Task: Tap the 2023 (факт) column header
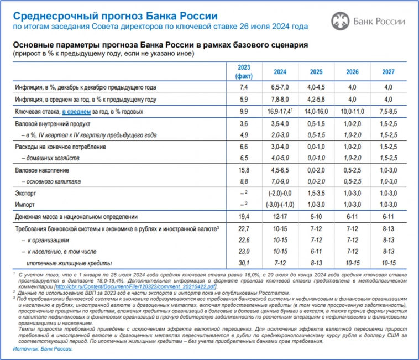244,71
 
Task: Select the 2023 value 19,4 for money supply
244,217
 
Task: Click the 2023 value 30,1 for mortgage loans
244,263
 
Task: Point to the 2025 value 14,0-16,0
316,112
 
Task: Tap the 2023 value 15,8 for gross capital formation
244,170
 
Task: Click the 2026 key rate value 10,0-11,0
352,112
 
